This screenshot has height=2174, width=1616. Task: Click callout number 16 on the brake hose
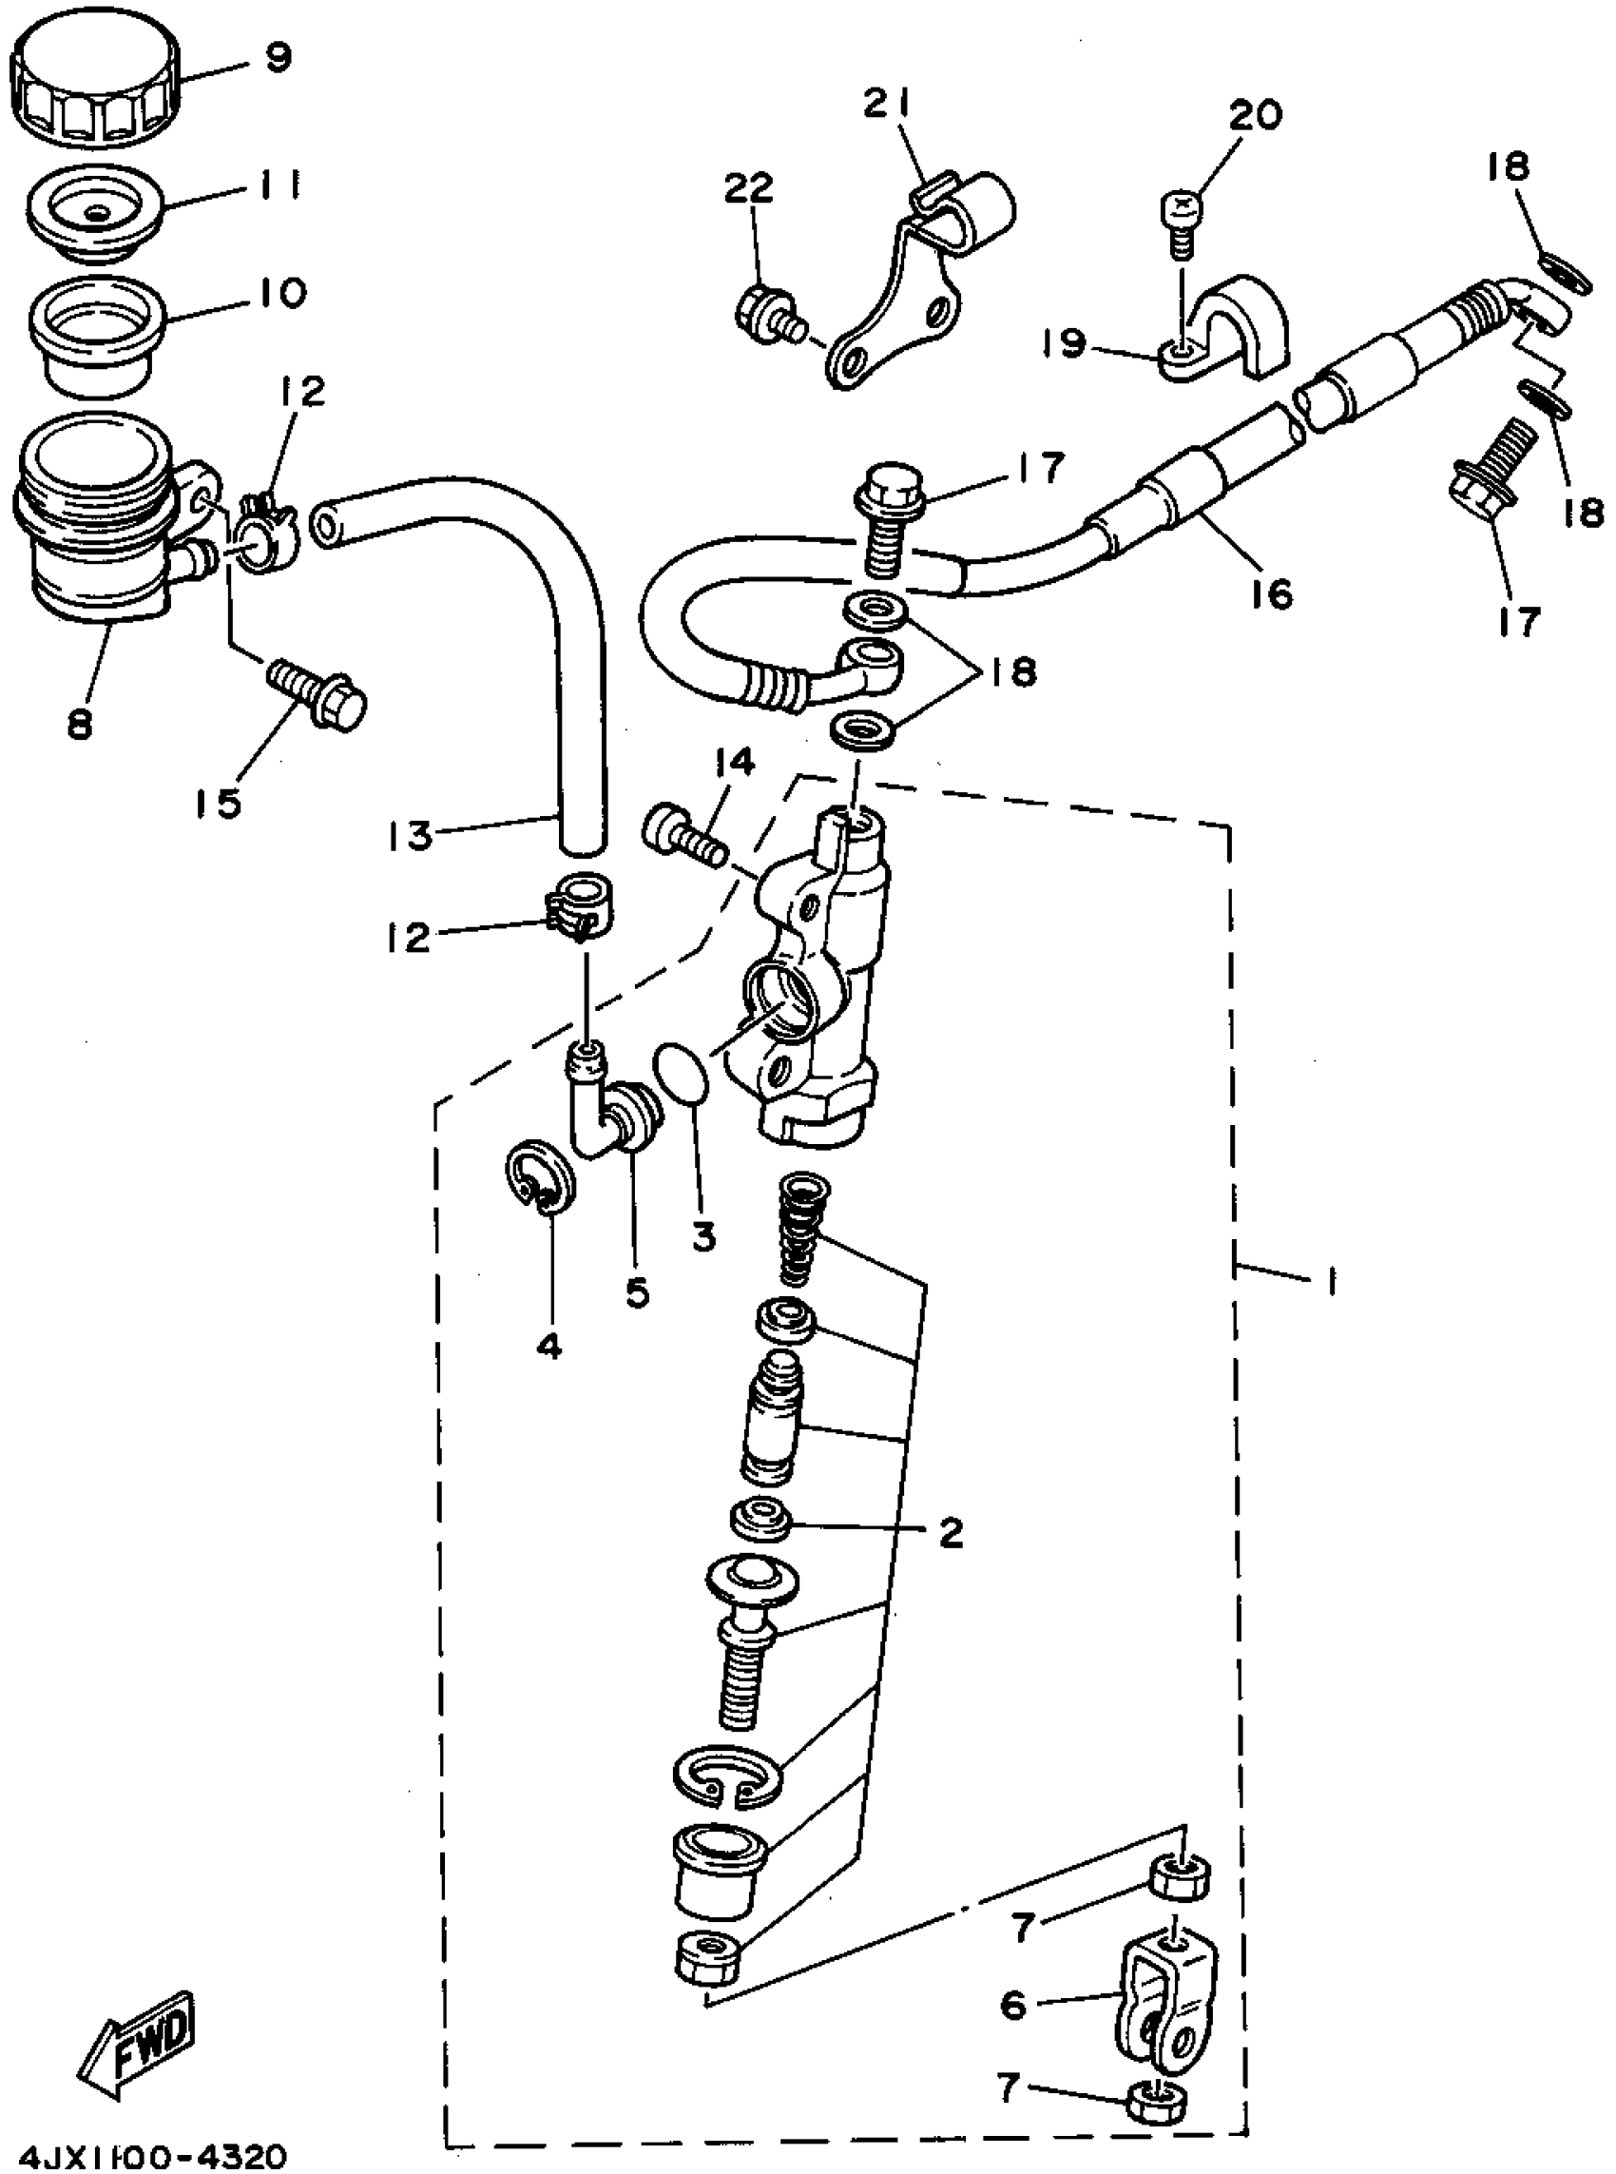1271,592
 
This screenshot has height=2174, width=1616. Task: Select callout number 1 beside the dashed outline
1329,1281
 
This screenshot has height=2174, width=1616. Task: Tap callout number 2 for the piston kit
950,1532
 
